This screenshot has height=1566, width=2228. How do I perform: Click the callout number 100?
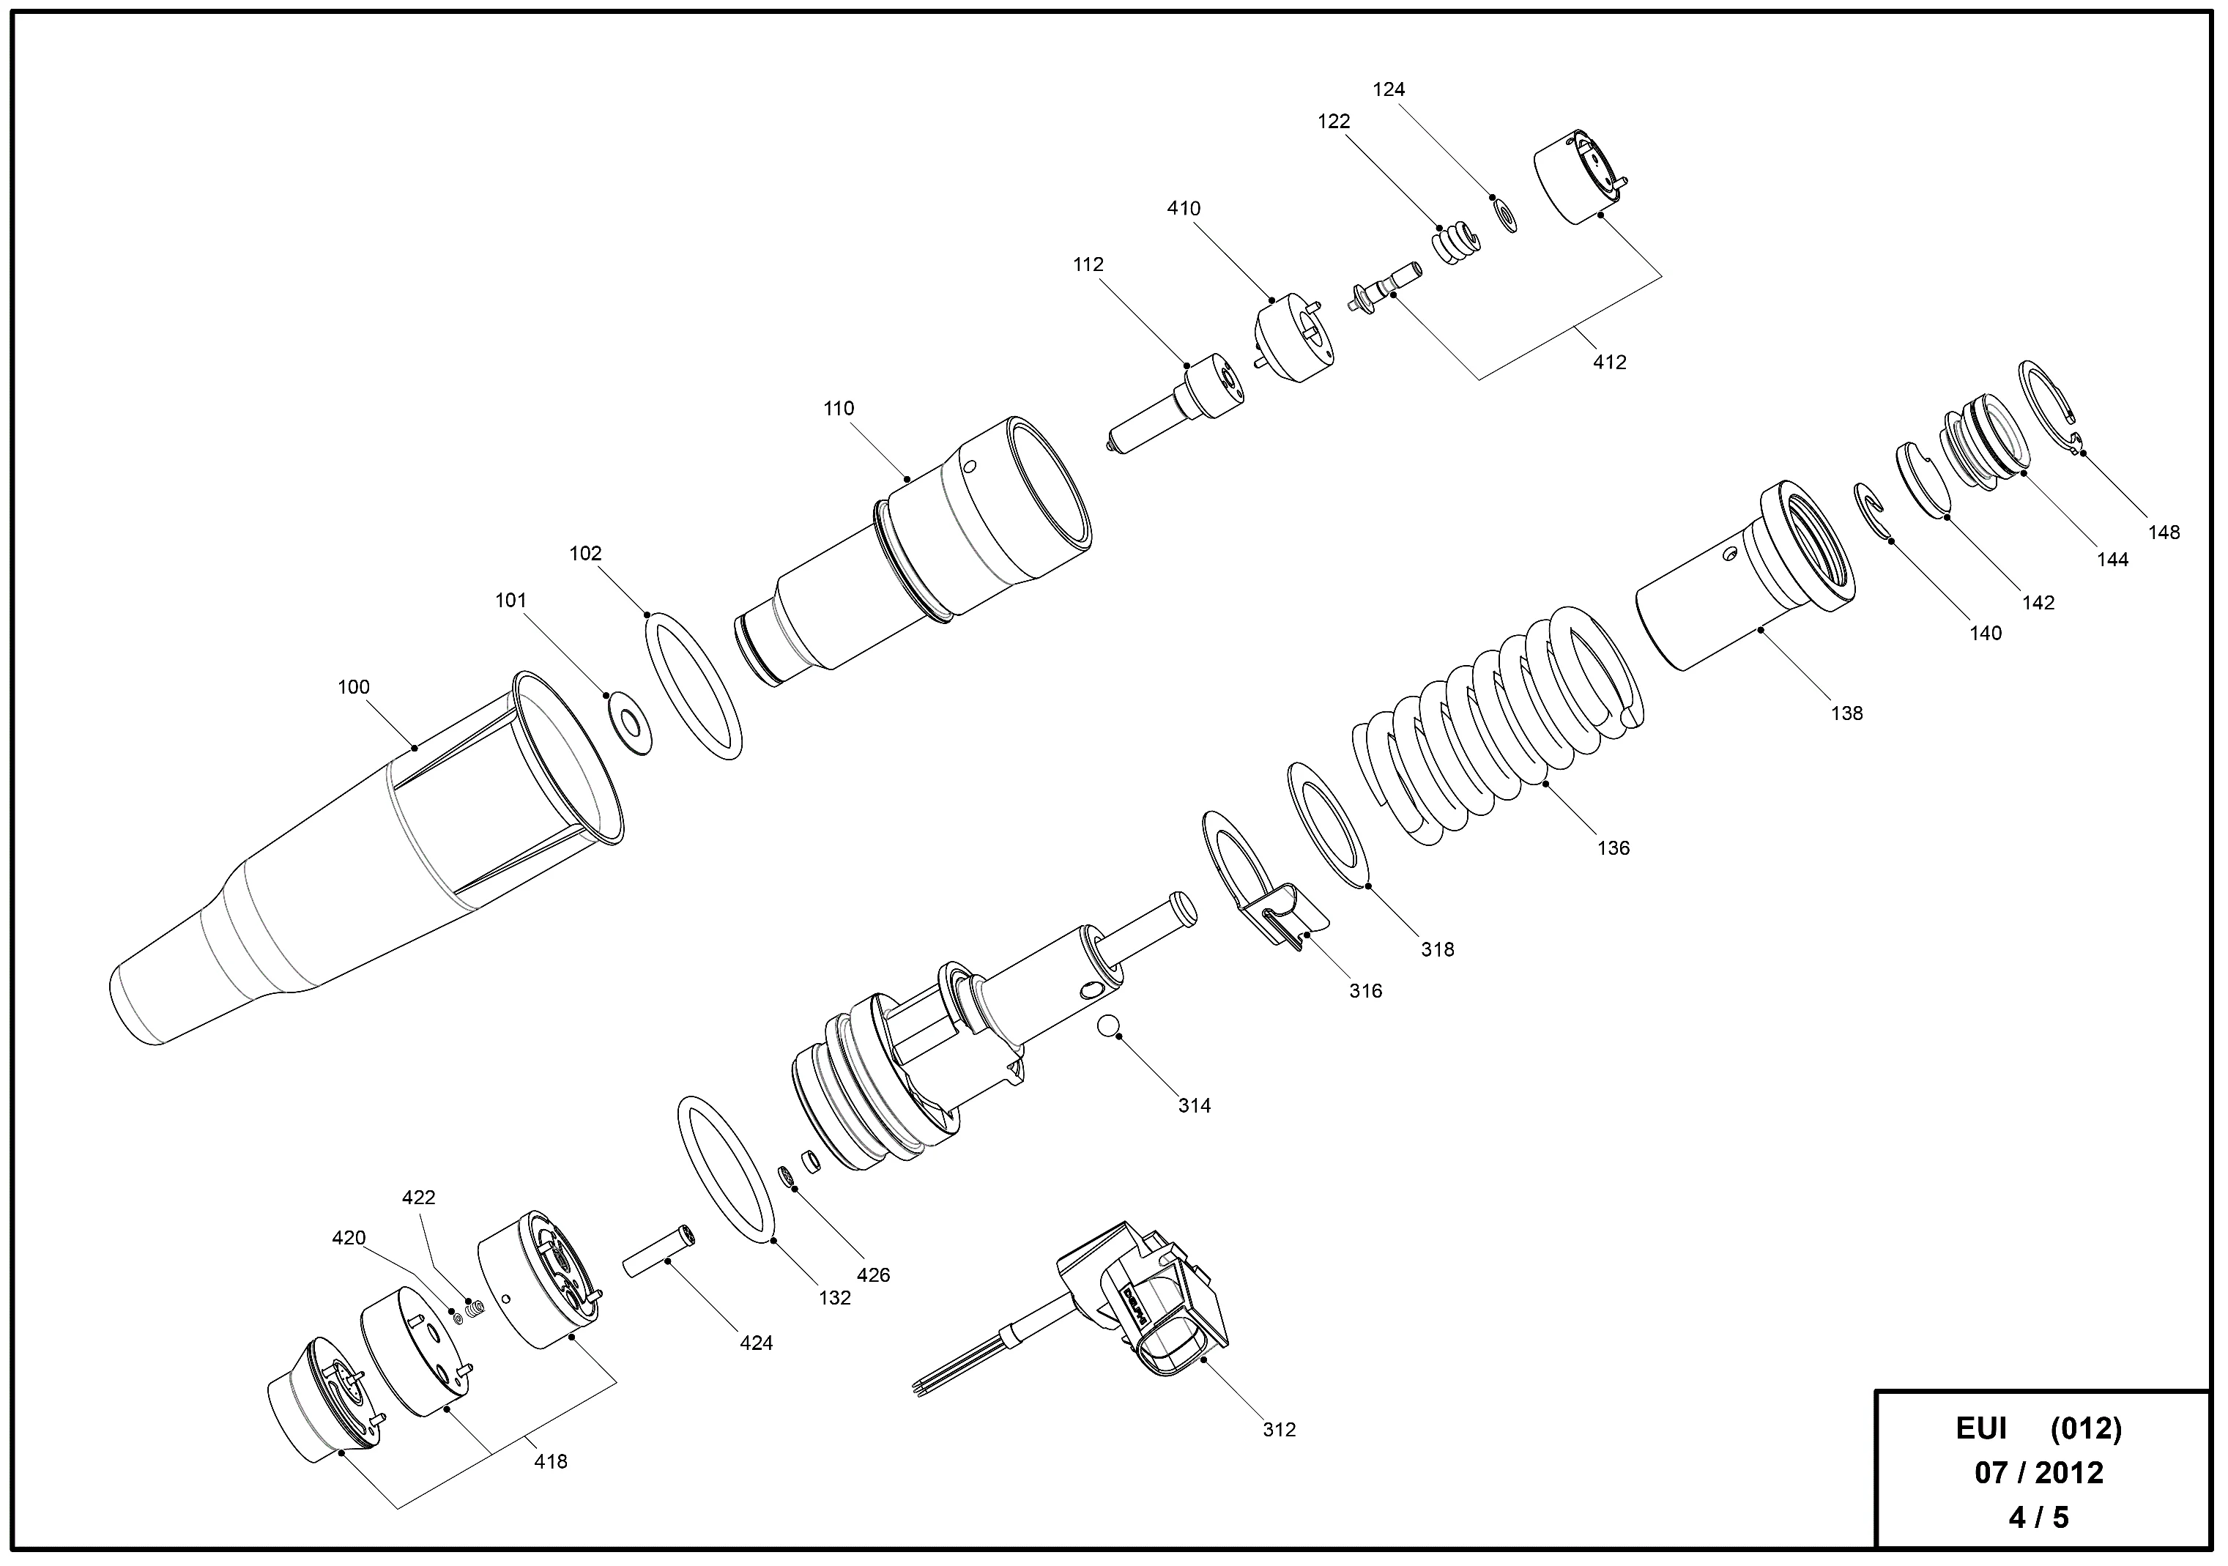[353, 687]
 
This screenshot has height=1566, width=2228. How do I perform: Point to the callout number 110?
[839, 409]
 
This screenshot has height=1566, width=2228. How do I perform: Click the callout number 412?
[1609, 362]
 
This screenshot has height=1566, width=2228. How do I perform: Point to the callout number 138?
[1846, 713]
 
